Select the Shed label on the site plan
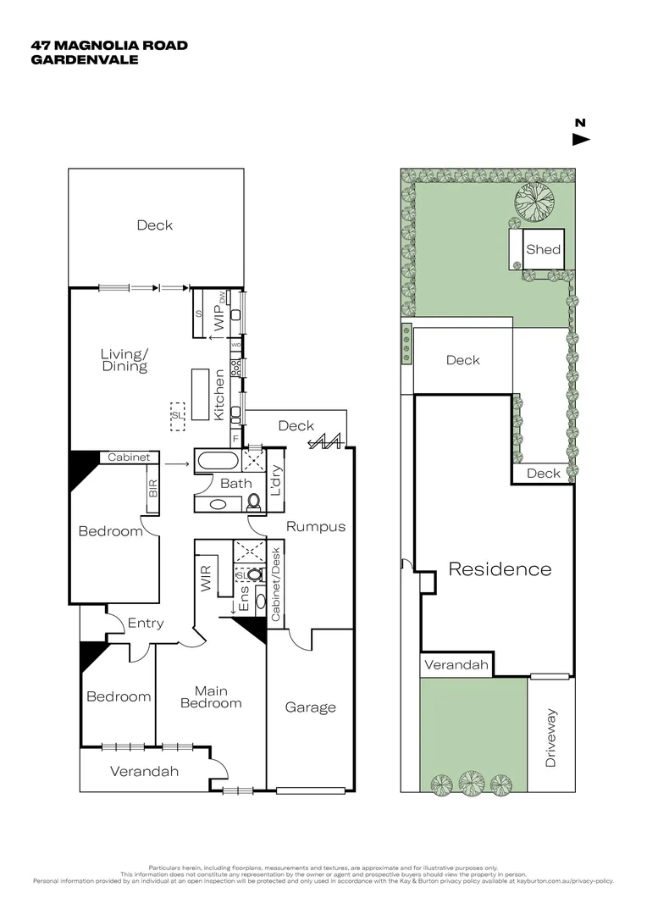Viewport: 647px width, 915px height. [x=543, y=250]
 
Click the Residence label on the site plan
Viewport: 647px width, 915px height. [x=500, y=569]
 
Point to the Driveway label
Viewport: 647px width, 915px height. [x=551, y=738]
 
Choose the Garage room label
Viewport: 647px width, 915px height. [x=310, y=707]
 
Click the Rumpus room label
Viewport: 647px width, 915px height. [x=316, y=526]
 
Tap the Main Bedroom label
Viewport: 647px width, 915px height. [x=210, y=696]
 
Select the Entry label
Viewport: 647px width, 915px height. [x=146, y=624]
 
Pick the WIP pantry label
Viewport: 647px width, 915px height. [x=218, y=319]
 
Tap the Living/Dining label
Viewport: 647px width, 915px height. [x=124, y=360]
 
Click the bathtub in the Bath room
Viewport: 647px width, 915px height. [x=217, y=463]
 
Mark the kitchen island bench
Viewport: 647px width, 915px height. [x=201, y=394]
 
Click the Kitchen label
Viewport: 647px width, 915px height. [x=218, y=396]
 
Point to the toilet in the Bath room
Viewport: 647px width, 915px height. [x=255, y=502]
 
